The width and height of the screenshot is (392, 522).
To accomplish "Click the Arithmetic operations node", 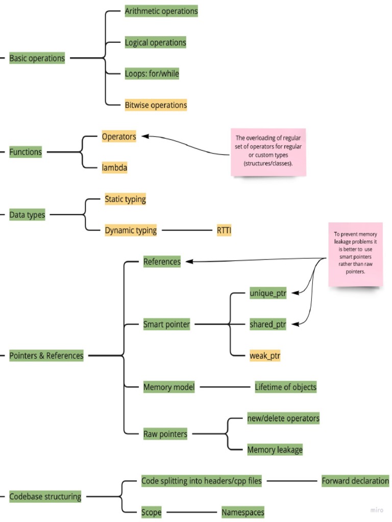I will pyautogui.click(x=161, y=11).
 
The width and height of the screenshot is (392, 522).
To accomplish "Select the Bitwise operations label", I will pyautogui.click(x=156, y=105).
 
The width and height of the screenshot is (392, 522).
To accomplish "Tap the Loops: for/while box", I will pyautogui.click(x=152, y=73).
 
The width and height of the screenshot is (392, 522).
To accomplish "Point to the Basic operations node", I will pyautogui.click(x=37, y=58).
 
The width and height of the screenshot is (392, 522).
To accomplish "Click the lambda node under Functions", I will pyautogui.click(x=114, y=167).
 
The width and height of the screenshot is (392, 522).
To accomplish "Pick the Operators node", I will pyautogui.click(x=118, y=137).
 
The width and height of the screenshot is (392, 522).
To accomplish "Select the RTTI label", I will pyautogui.click(x=224, y=230).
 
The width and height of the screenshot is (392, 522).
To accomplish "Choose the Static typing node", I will pyautogui.click(x=125, y=199).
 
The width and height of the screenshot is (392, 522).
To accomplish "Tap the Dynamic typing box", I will pyautogui.click(x=131, y=230).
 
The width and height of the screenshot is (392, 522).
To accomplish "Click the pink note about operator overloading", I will pyautogui.click(x=268, y=152).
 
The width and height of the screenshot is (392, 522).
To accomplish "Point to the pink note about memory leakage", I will pyautogui.click(x=355, y=253).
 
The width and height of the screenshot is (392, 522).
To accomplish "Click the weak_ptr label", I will pyautogui.click(x=265, y=355).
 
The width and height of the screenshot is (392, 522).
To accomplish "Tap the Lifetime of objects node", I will pyautogui.click(x=285, y=387).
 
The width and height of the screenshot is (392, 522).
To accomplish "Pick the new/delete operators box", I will pyautogui.click(x=283, y=419).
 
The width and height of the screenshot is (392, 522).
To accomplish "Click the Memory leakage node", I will pyautogui.click(x=275, y=450).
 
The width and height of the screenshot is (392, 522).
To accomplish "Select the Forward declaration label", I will pyautogui.click(x=355, y=481).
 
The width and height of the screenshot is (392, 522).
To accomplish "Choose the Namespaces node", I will pyautogui.click(x=242, y=512).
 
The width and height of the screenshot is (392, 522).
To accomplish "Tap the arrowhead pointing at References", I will pyautogui.click(x=189, y=262).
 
